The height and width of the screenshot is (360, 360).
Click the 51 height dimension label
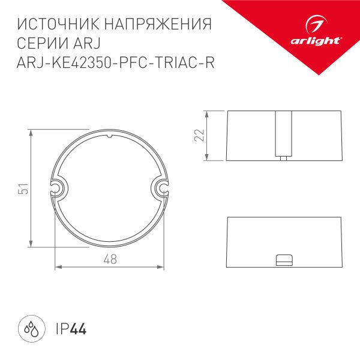(x=23, y=188)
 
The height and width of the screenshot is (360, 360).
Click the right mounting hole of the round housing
(x=162, y=188)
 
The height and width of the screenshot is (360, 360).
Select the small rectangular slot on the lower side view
(x=283, y=259)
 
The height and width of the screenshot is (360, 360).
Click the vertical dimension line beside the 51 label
(x=30, y=188)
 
